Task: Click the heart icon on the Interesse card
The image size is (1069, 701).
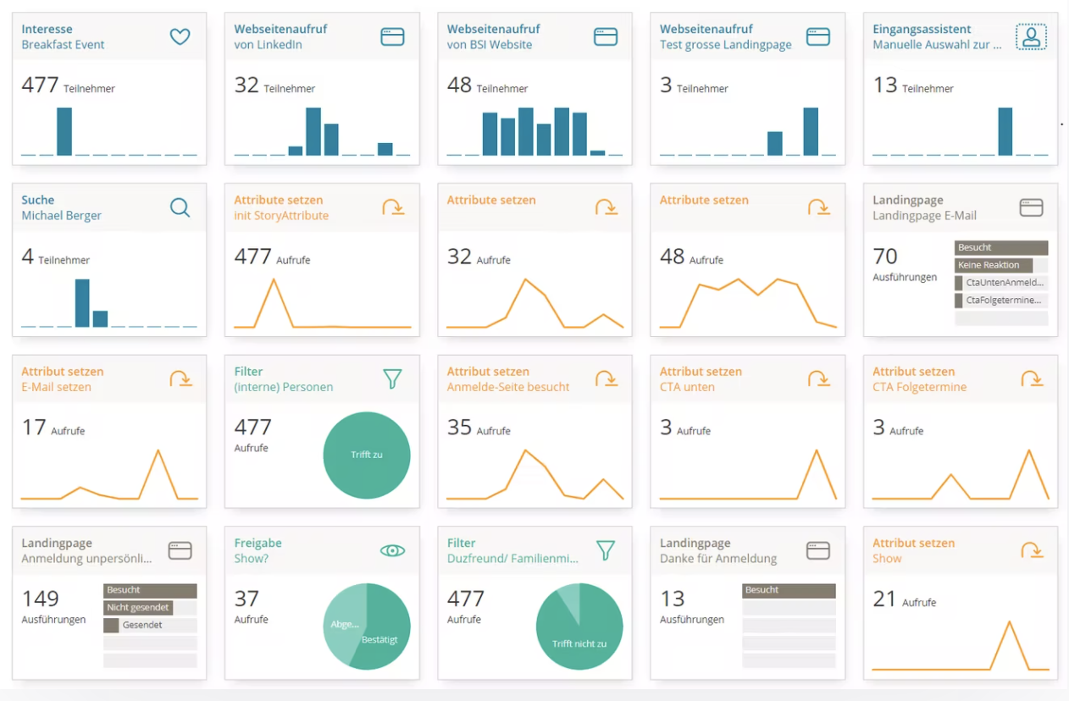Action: (180, 36)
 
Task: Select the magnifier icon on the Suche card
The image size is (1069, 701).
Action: (180, 207)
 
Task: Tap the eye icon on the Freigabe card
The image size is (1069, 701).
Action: (392, 550)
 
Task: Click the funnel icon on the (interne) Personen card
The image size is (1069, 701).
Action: (392, 378)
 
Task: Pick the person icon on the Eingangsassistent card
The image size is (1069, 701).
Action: (1031, 36)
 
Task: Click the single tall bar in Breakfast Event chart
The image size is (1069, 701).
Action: (64, 131)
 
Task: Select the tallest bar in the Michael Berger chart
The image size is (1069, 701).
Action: (82, 302)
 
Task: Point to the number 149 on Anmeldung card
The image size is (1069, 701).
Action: (40, 599)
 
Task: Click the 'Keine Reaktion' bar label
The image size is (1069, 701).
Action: (989, 265)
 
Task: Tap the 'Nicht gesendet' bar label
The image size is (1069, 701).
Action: (138, 607)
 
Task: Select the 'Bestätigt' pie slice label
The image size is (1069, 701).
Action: (379, 640)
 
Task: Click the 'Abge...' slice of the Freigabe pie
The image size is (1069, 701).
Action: (344, 624)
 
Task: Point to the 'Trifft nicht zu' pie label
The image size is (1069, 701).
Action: (579, 643)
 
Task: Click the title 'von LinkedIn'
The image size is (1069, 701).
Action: (268, 45)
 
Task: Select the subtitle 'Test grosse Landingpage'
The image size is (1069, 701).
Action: (725, 45)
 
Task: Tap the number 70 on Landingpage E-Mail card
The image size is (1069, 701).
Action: (885, 256)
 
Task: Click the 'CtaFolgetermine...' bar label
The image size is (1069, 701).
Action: (1004, 301)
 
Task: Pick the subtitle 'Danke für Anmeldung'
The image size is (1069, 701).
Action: (718, 559)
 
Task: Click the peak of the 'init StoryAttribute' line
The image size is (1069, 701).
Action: (274, 279)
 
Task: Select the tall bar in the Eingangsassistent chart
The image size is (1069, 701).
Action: (1005, 131)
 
